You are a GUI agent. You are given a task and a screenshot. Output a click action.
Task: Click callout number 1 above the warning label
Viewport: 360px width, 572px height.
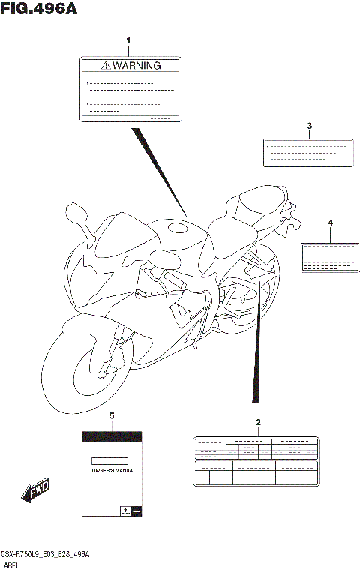[x=128, y=40]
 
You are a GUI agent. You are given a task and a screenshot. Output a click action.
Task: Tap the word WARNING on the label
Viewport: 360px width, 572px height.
[x=137, y=65]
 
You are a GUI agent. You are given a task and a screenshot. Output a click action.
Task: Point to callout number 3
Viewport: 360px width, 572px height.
[x=308, y=125]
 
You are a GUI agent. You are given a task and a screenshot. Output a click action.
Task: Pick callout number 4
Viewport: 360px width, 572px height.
[x=329, y=223]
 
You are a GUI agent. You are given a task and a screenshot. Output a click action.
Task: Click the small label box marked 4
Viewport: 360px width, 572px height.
[x=328, y=256]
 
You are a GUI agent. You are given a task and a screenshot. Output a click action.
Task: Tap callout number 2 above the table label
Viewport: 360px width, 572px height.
[x=258, y=422]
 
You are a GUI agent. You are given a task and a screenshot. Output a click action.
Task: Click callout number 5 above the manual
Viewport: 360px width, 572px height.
[x=112, y=415]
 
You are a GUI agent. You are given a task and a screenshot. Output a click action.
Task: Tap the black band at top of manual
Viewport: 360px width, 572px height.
[x=112, y=434]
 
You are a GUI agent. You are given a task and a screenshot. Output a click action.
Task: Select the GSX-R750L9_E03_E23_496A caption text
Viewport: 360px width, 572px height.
[x=45, y=553]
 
